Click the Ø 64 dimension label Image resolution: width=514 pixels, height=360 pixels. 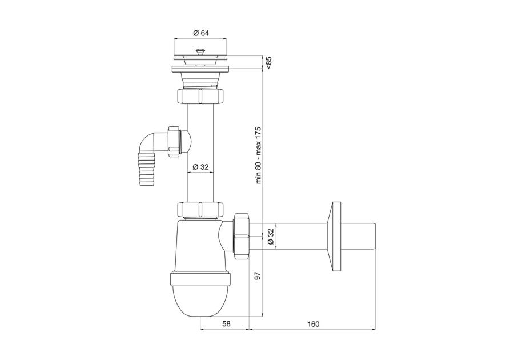tap(200, 33)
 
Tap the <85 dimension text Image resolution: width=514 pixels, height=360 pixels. tap(268, 63)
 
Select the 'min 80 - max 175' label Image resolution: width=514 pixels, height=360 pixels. tap(258, 155)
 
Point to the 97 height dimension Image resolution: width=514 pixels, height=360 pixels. tap(258, 276)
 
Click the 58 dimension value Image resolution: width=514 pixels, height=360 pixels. tap(226, 324)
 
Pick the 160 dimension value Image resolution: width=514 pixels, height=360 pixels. tap(313, 324)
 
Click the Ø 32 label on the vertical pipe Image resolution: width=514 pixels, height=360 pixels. tap(200, 167)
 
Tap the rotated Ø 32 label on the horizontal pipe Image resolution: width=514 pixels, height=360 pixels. tap(271, 236)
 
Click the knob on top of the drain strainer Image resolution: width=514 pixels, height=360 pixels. tap(199, 51)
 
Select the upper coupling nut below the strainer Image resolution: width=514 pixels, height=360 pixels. tap(200, 96)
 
